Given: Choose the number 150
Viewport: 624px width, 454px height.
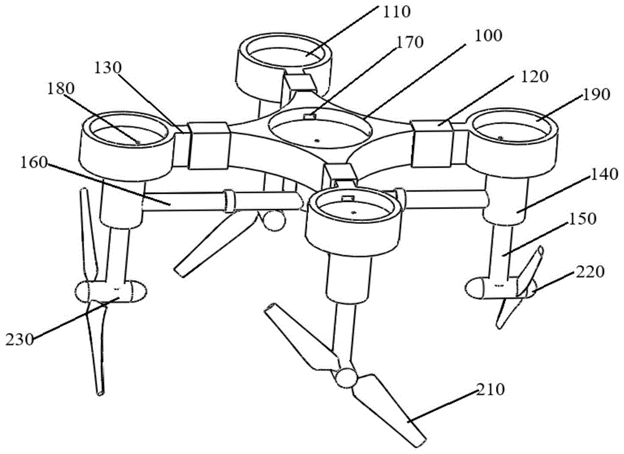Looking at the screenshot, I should [x=581, y=219].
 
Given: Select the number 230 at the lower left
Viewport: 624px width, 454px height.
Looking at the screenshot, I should [x=21, y=340].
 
